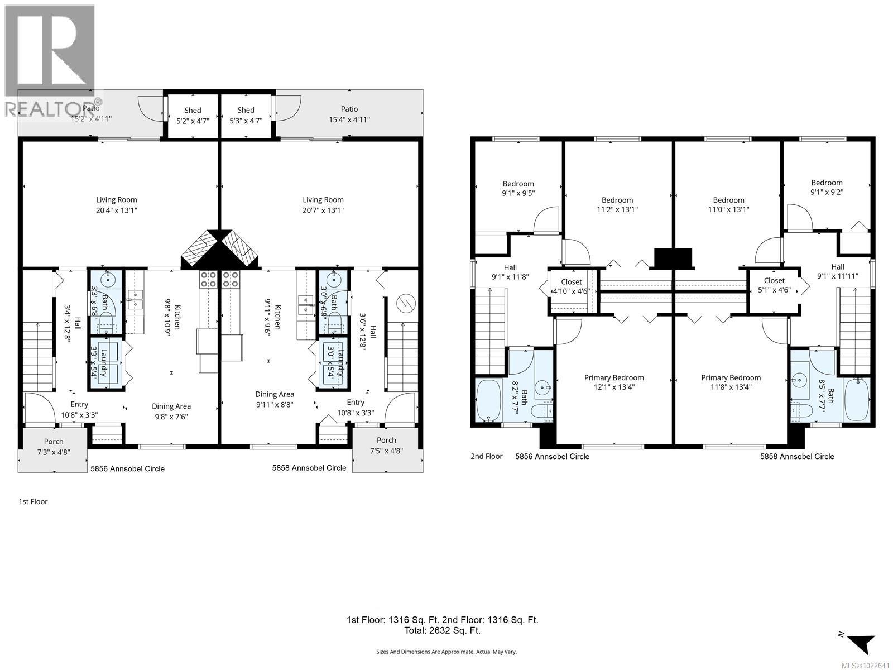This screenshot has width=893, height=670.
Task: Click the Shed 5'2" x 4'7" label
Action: [x=193, y=115]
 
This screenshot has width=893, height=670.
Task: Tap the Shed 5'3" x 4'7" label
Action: [x=246, y=115]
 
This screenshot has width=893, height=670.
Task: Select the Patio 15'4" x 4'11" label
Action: [x=349, y=114]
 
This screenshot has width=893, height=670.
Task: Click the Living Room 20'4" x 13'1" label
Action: [x=116, y=205]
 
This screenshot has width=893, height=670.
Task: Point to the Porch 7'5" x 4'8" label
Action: [x=386, y=446]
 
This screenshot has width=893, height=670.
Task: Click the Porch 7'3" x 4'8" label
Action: [x=54, y=447]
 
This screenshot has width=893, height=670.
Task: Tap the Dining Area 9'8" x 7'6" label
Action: [x=171, y=411]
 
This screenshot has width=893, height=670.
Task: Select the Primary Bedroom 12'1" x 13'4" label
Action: [x=614, y=382]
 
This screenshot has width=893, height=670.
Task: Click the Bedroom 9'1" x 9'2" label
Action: [x=827, y=187]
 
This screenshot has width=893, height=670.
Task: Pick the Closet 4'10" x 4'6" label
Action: [x=571, y=286]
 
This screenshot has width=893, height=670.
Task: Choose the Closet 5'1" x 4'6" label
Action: [x=774, y=285]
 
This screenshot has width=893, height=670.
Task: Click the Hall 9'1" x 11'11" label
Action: [x=837, y=271]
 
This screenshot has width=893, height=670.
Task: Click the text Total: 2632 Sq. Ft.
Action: [x=442, y=631]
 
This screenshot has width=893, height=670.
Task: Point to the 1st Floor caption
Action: [x=33, y=501]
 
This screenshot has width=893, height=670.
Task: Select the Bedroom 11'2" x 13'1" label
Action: [x=617, y=205]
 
